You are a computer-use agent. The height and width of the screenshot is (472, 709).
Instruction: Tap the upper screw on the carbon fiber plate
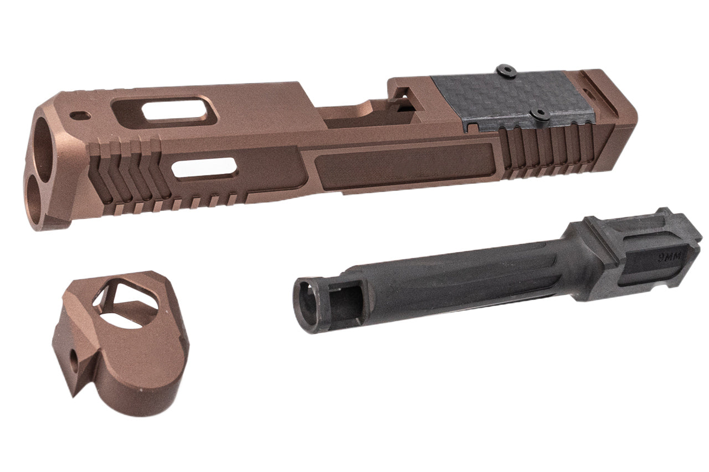click(505, 70)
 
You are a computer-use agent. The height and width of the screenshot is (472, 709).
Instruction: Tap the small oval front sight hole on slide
click(80, 116)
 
